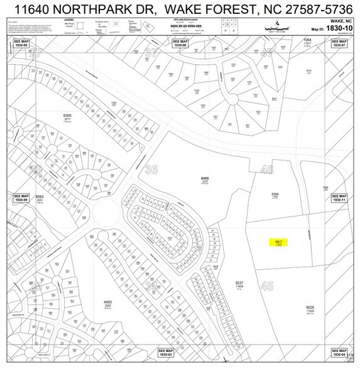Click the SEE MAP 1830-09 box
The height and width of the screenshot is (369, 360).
pos(22,198)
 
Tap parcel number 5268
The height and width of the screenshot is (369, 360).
pos(275,195)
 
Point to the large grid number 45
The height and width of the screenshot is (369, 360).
pos(266,286)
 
